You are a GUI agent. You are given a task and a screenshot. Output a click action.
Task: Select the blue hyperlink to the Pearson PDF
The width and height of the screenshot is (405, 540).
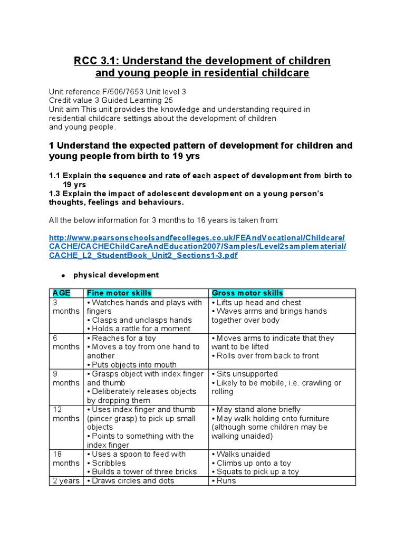[197, 246]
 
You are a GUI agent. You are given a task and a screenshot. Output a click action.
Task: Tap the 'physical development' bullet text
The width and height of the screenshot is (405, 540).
[115, 275]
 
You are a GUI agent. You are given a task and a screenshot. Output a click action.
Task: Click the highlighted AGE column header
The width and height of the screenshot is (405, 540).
[61, 293]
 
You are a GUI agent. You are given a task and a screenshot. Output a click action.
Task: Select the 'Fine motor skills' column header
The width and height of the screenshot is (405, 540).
[119, 293]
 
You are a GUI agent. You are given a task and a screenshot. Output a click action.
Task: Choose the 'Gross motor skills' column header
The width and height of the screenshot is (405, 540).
[247, 293]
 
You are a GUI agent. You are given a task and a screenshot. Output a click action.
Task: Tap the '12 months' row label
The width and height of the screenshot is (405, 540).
[65, 414]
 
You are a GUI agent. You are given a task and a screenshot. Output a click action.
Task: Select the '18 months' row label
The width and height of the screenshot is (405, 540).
[65, 458]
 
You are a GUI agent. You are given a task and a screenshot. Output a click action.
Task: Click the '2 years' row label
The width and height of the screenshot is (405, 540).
[66, 480]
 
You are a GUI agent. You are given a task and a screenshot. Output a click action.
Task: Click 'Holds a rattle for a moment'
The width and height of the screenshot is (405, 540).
[141, 329]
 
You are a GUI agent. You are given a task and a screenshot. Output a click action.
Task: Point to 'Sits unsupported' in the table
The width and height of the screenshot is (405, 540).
[243, 374]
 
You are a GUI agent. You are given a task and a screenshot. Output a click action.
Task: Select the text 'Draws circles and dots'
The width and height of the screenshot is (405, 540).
[133, 480]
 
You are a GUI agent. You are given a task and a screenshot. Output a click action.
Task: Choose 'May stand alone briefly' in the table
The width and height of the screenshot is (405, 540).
[258, 409]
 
